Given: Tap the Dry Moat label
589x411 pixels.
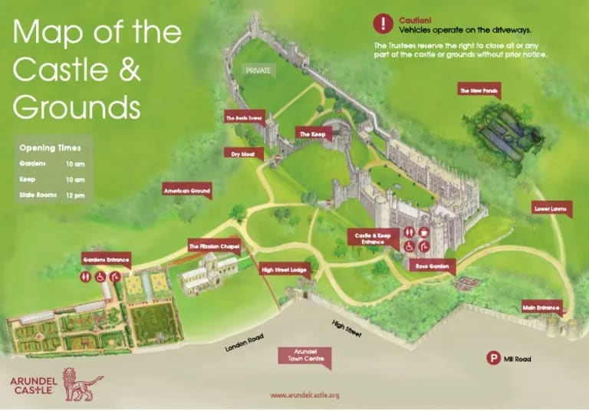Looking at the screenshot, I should [242, 153].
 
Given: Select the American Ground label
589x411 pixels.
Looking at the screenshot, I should [186, 189].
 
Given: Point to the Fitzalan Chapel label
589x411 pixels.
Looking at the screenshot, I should [214, 246].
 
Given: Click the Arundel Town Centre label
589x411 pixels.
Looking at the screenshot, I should [305, 354].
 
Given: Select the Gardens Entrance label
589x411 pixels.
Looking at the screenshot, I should [107, 259].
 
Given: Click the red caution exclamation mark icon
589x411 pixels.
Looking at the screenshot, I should [383, 23].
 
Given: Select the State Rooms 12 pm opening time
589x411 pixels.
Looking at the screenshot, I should [51, 196].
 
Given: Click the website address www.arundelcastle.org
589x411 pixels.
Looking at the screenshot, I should [304, 396].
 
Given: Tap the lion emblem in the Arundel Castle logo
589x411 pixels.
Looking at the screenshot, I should [79, 382].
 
